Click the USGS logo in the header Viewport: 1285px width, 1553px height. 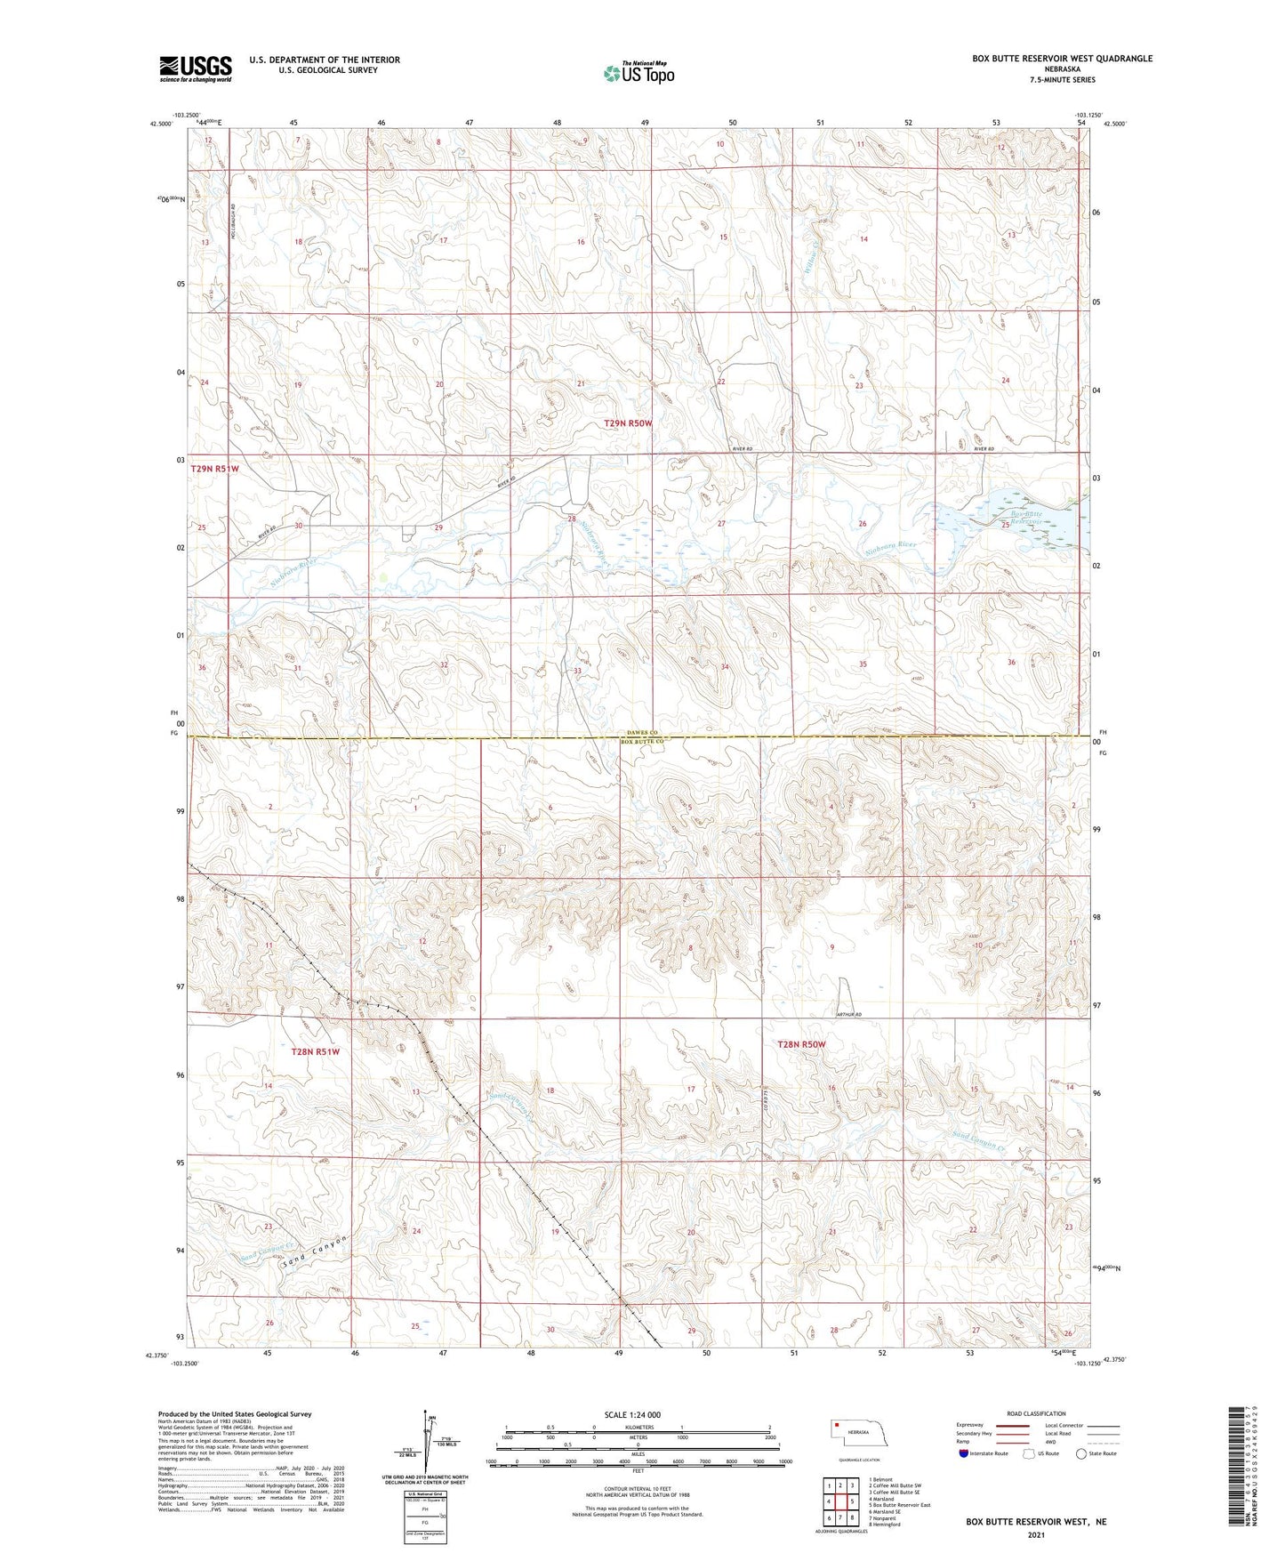point(195,68)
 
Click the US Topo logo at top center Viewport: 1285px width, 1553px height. point(638,73)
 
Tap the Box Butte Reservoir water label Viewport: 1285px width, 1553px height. point(1026,518)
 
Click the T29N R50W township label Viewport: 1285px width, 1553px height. point(628,424)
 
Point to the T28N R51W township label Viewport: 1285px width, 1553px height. point(316,1051)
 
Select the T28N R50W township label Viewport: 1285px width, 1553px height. point(801,1044)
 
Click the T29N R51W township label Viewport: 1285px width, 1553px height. point(214,468)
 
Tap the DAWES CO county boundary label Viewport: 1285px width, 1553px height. point(638,731)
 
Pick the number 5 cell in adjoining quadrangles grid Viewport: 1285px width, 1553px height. point(851,1501)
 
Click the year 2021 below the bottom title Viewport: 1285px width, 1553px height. point(1035,1534)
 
